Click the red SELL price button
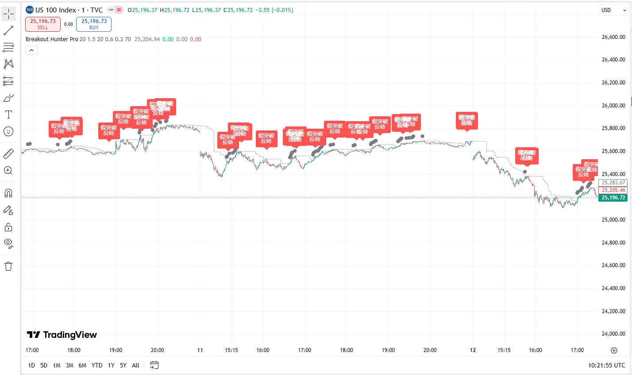(x=42, y=24)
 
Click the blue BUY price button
(x=94, y=24)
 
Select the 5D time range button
(x=44, y=365)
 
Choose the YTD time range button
(x=97, y=365)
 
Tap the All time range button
(x=135, y=365)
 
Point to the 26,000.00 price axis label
(x=613, y=105)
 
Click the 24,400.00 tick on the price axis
(x=613, y=288)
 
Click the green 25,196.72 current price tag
(x=613, y=198)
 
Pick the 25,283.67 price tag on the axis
(x=613, y=183)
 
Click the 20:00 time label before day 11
(x=158, y=350)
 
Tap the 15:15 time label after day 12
(x=504, y=350)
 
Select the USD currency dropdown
(x=613, y=10)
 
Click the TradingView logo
(x=62, y=335)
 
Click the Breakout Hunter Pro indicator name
(x=52, y=39)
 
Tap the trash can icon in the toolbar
(x=8, y=266)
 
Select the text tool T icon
(x=8, y=115)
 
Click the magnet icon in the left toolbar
(x=8, y=193)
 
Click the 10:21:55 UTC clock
(x=606, y=365)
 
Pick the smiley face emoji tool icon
(x=8, y=131)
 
